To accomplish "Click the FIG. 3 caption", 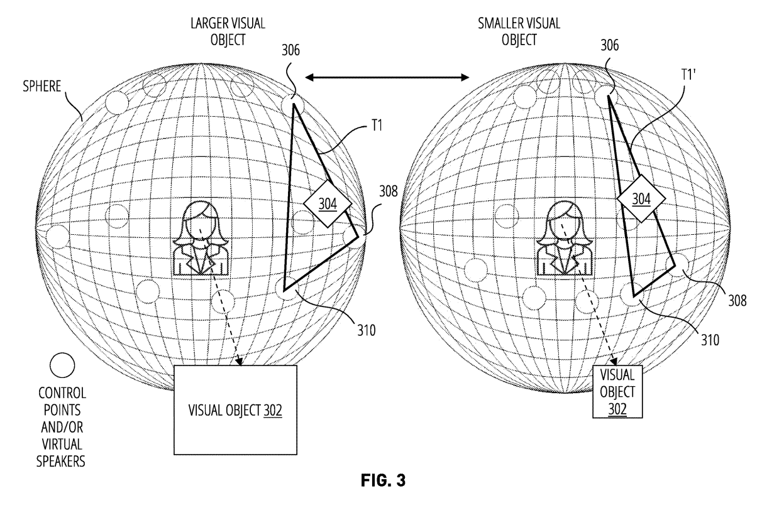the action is (383, 480).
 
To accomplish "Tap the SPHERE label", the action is (42, 86).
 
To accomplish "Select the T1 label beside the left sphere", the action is (377, 126).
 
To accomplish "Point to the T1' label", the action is (688, 75).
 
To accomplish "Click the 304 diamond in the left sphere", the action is (328, 203).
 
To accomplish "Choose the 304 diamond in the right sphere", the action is (641, 199).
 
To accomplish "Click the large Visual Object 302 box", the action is (235, 410).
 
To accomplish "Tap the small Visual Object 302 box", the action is (617, 392).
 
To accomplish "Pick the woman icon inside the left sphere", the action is (201, 238).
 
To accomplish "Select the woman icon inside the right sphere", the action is (565, 238).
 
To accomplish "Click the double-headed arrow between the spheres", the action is (387, 77).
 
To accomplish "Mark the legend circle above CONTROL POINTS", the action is (62, 365).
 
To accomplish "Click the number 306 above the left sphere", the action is (291, 50).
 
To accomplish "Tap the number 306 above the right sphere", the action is (610, 46).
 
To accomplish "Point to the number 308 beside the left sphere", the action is (389, 192).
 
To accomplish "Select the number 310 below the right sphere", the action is (710, 340).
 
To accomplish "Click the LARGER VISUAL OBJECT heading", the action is (228, 31).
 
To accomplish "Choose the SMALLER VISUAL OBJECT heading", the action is (519, 31).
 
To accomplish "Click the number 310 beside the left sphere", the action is (367, 330).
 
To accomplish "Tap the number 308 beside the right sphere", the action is (737, 301).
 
